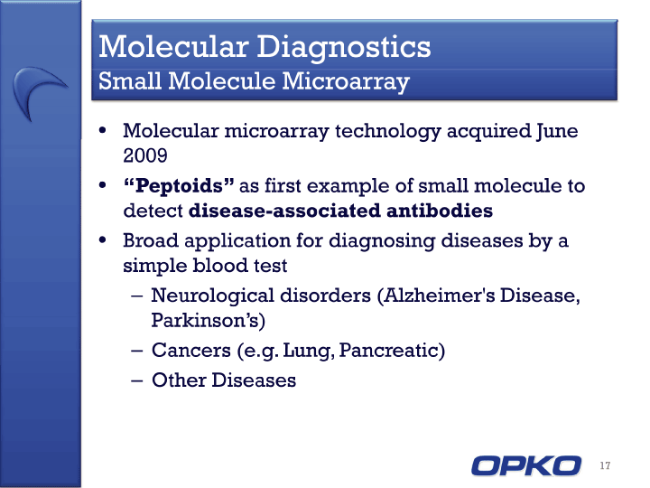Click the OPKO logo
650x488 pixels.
pos(526,465)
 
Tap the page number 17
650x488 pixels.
pos(605,465)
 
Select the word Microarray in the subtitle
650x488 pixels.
pos(346,81)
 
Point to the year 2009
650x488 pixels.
pos(145,155)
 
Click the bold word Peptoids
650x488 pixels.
pos(179,186)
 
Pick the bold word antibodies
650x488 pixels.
pos(440,211)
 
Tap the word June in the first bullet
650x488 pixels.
pos(556,132)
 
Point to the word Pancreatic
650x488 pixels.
pos(389,350)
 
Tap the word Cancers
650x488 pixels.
pos(191,350)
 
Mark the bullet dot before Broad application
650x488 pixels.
pos(103,239)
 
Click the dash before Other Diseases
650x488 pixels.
pos(137,380)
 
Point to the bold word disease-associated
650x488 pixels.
pos(284,211)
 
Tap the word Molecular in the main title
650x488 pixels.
pos(173,46)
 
